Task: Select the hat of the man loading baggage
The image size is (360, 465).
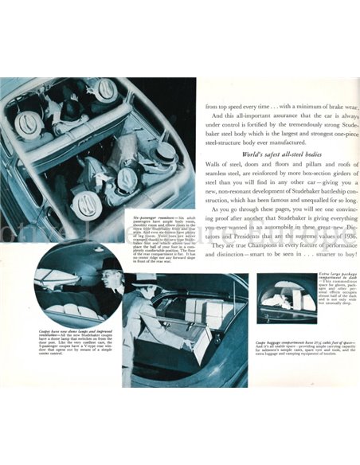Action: [153, 281]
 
